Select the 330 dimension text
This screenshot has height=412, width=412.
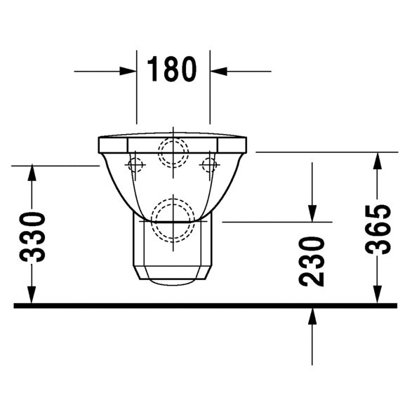pyautogui.click(x=34, y=236)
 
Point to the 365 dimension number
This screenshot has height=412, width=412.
pyautogui.click(x=379, y=230)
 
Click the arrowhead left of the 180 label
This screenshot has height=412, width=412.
pyautogui.click(x=128, y=71)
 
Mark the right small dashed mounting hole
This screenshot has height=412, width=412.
pyautogui.click(x=208, y=164)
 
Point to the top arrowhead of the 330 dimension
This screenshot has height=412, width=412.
pyautogui.click(x=32, y=173)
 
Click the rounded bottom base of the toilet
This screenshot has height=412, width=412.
pyautogui.click(x=172, y=281)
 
